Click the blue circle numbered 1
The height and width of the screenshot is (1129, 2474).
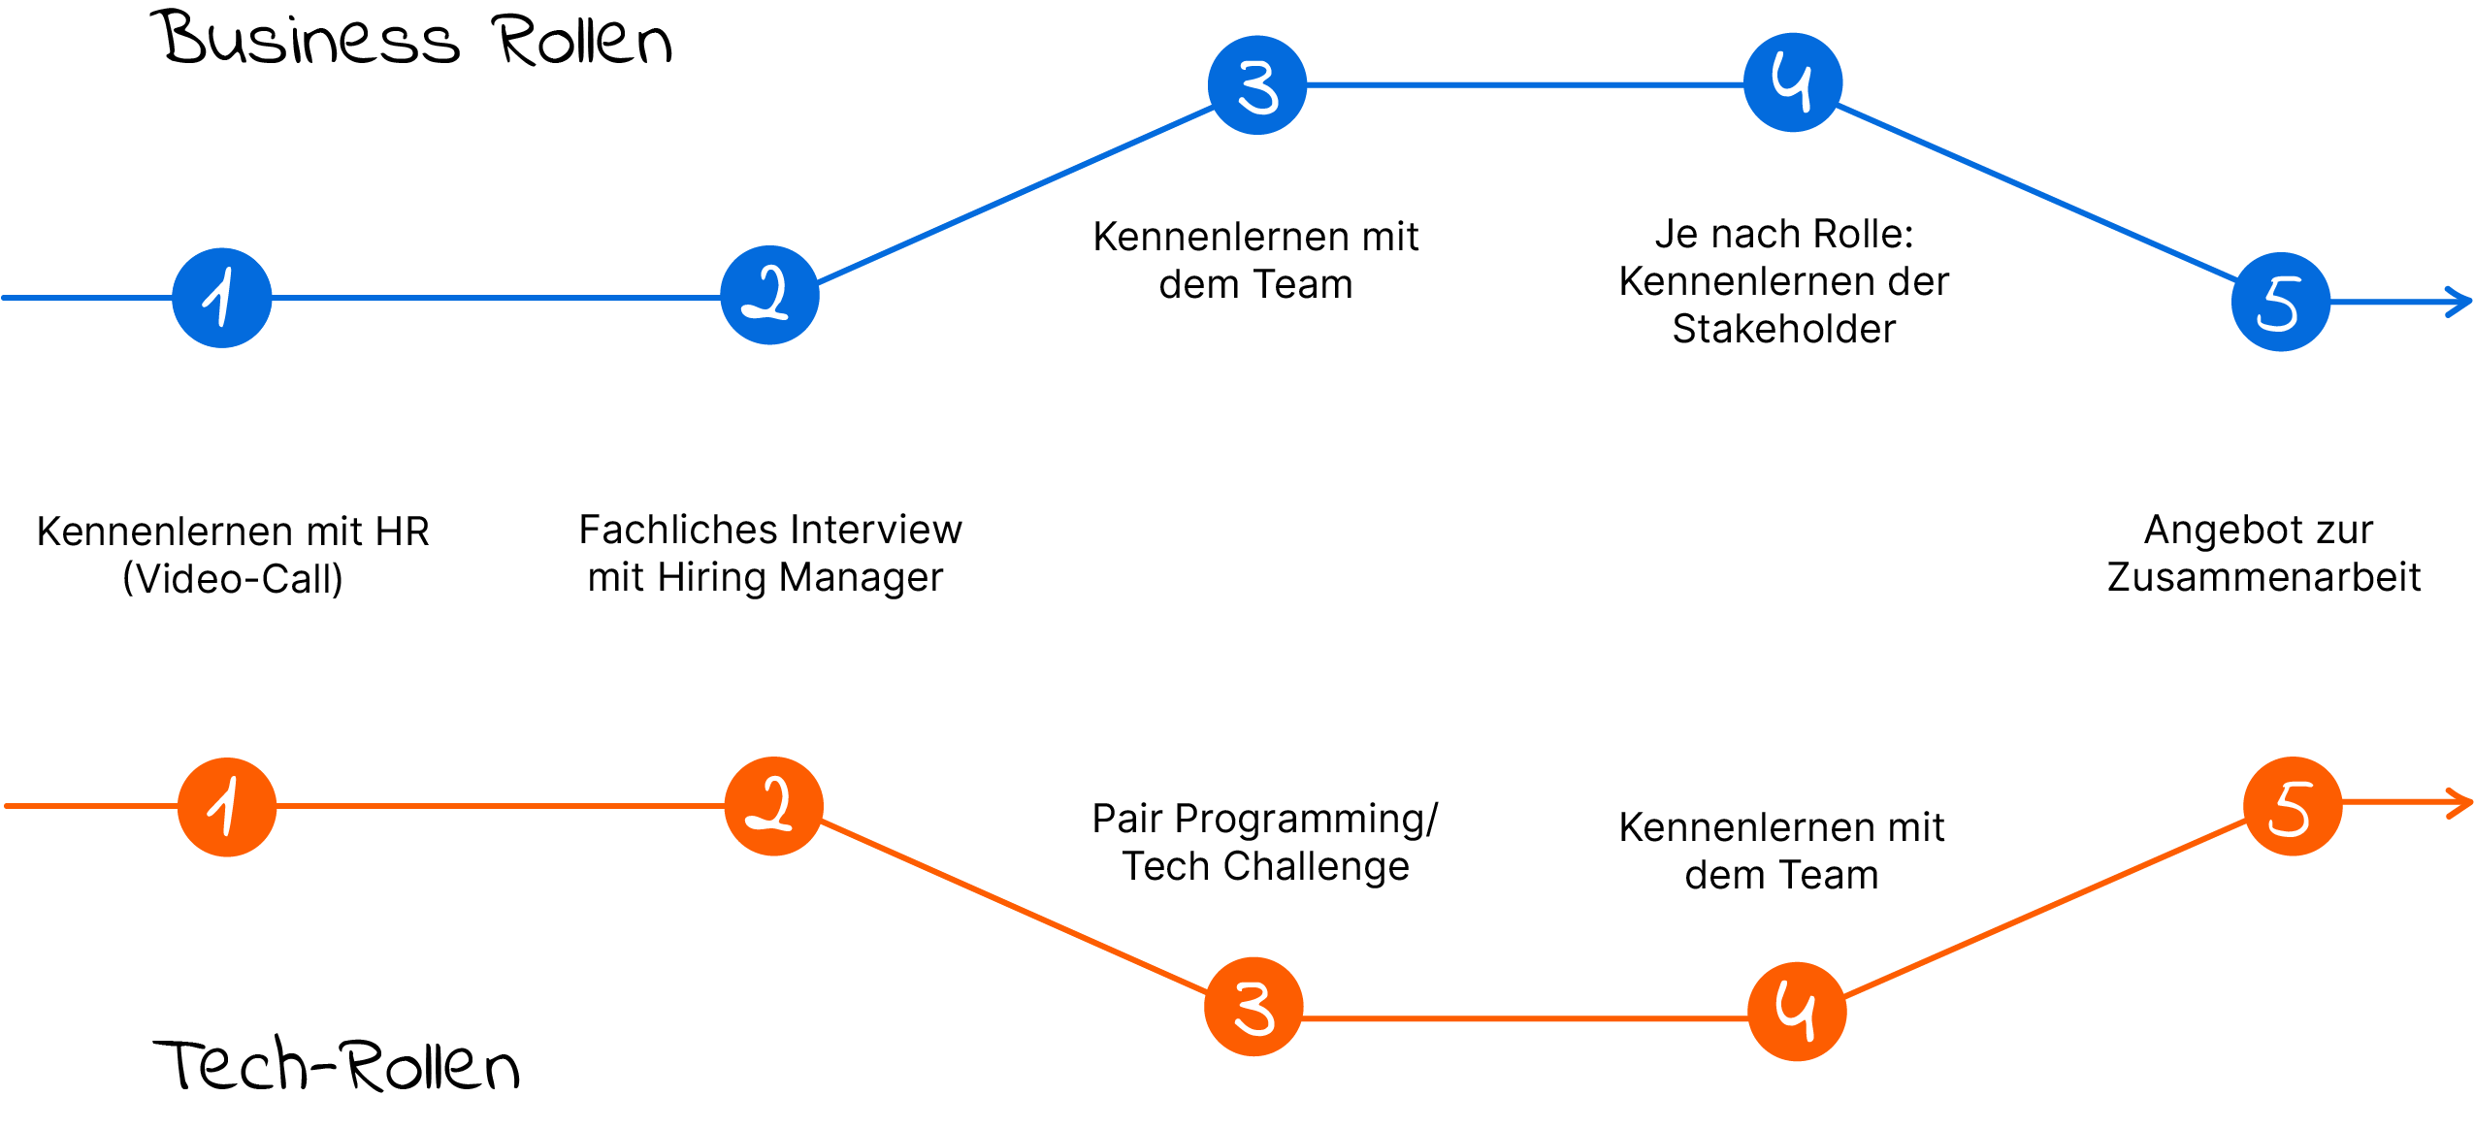222,298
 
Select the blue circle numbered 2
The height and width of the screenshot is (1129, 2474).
770,295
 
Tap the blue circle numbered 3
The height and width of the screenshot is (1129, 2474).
1257,85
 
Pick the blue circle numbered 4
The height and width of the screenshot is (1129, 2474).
1792,82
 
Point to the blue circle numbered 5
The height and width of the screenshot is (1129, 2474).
2281,303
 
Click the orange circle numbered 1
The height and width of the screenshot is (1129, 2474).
227,807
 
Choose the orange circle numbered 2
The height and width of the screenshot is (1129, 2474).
774,806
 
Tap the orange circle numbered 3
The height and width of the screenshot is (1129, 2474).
1253,1007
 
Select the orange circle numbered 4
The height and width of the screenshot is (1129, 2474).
1797,1012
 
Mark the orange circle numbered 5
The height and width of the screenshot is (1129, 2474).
2293,806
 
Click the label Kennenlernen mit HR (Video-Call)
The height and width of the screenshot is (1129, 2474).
234,553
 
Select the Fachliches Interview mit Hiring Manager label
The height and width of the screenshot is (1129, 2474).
771,552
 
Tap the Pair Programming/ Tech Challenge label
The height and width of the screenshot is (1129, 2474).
1264,840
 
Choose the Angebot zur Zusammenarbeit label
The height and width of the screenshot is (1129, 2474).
2258,556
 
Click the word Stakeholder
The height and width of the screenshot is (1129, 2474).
1783,329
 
